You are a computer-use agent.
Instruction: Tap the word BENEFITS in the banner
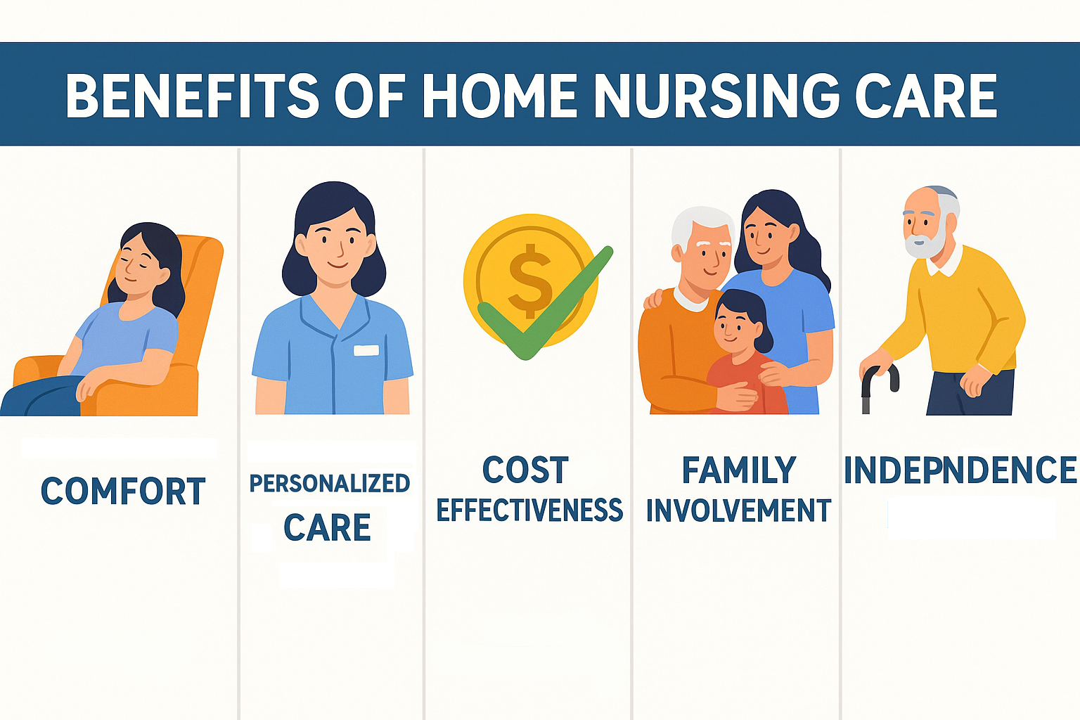click(192, 96)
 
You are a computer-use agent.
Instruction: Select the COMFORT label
click(124, 491)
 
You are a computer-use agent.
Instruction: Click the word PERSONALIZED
click(329, 483)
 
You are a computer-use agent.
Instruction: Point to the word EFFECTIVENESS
click(529, 510)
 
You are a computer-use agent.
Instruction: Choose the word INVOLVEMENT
click(739, 510)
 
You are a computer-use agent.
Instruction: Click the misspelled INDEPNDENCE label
click(960, 470)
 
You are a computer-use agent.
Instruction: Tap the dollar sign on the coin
click(530, 281)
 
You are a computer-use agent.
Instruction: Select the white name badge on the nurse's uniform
click(366, 350)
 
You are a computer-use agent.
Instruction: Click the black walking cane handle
click(880, 378)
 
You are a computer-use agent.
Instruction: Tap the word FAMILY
click(739, 470)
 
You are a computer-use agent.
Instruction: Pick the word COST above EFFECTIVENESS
click(525, 470)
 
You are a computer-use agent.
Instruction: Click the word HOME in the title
click(500, 96)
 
